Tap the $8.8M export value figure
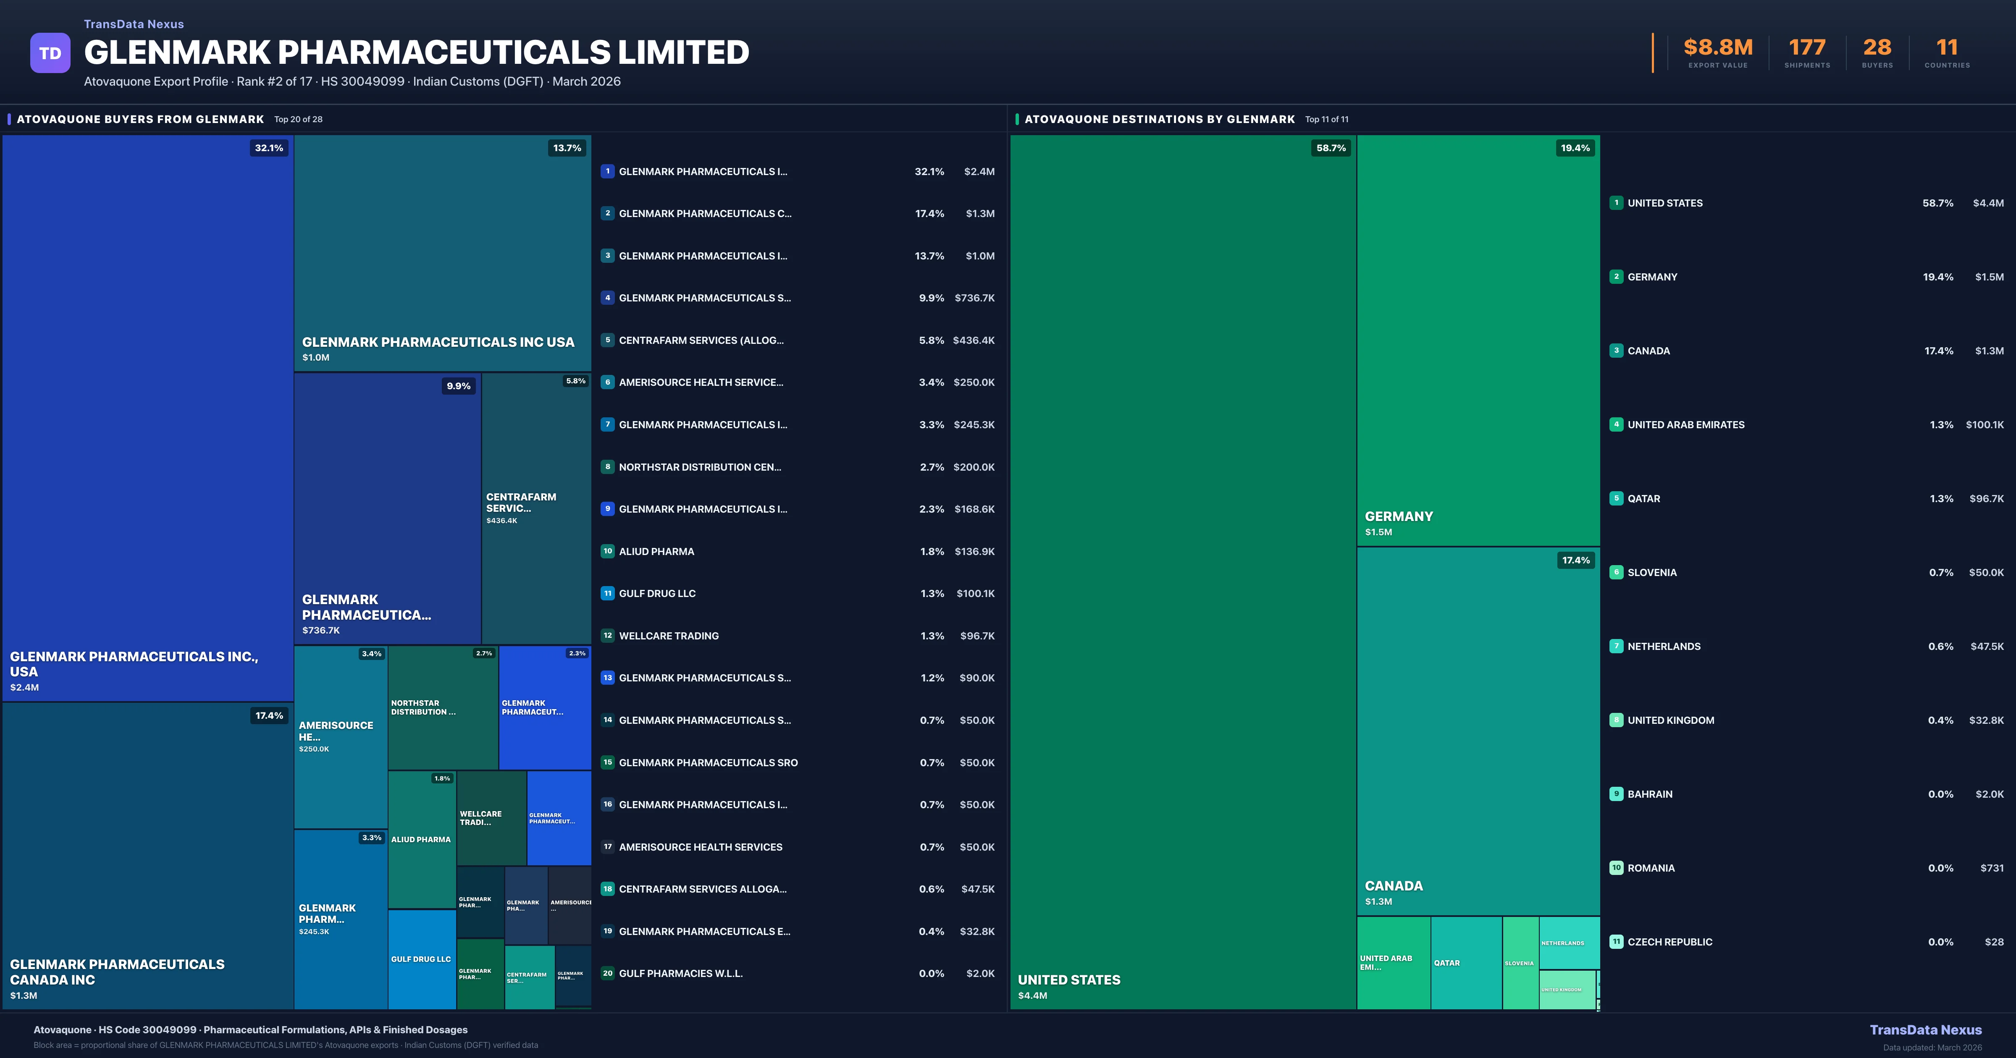pos(1718,48)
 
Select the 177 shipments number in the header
pos(1807,48)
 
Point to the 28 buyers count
pos(1877,48)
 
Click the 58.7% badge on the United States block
pos(1331,148)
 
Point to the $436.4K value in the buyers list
pos(974,340)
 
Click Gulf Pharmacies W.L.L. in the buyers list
pos(680,974)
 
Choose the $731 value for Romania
pos(1992,868)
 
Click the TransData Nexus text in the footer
pos(1925,1030)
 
